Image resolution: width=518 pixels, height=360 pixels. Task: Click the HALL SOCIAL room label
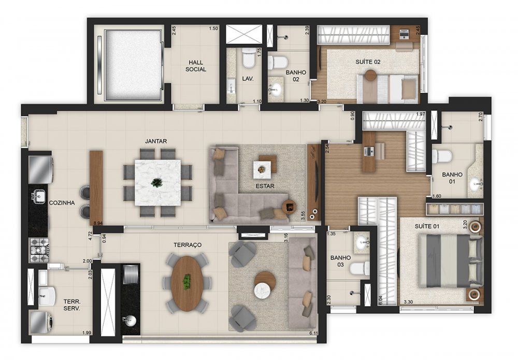(196, 66)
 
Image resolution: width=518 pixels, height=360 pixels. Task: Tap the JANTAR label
(156, 141)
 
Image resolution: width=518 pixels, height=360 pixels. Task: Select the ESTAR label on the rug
(265, 186)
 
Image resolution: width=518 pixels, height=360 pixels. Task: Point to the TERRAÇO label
(188, 244)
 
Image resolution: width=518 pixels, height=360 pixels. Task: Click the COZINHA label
(62, 203)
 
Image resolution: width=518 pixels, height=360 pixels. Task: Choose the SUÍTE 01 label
(427, 226)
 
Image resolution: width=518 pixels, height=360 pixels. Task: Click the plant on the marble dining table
(156, 182)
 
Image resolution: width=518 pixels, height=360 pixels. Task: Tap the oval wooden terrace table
(186, 283)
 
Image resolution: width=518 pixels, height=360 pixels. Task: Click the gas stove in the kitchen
(40, 250)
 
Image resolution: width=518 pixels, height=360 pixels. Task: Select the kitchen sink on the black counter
(38, 196)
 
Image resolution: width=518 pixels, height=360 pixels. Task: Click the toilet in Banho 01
(442, 156)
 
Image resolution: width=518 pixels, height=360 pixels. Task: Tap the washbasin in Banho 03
(363, 242)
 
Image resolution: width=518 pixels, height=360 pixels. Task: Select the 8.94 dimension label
(98, 223)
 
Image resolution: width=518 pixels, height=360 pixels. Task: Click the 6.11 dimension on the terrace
(313, 333)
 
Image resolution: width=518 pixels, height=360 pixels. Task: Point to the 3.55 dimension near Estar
(303, 215)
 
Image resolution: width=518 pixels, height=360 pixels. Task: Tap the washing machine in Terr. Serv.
(41, 320)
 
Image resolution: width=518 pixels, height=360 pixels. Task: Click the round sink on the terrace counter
(129, 321)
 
